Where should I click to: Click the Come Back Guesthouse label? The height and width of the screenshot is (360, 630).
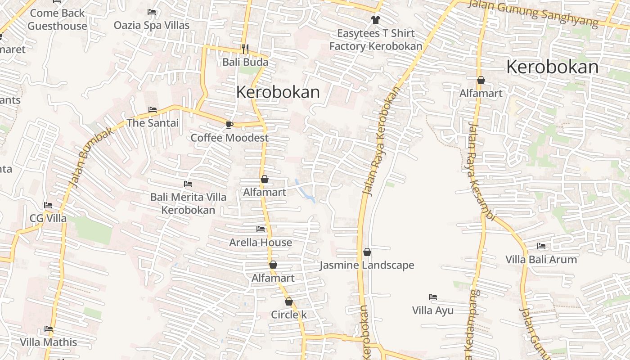57,20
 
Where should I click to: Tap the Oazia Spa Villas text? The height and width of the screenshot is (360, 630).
151,25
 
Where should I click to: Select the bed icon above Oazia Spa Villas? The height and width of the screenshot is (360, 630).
152,12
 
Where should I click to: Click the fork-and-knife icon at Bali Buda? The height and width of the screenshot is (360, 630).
245,49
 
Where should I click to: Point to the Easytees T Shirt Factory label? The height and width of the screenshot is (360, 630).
376,40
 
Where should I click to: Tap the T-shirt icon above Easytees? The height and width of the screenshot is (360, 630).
375,20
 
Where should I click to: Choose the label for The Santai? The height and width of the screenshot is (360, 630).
153,123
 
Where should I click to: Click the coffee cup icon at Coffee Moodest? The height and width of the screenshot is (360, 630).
229,125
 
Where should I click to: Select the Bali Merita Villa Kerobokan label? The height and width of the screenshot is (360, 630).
188,203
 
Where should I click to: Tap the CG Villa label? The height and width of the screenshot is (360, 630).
48,218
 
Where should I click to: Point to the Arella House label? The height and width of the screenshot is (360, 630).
261,243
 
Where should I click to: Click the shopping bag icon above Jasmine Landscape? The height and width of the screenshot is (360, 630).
367,252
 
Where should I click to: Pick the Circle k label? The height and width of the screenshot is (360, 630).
288,315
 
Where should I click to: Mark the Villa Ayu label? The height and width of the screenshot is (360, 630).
433,310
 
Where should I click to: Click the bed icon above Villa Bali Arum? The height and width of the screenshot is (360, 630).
541,246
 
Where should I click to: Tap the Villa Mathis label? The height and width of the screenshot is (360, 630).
49,342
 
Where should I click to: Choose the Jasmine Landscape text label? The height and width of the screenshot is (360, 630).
367,265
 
